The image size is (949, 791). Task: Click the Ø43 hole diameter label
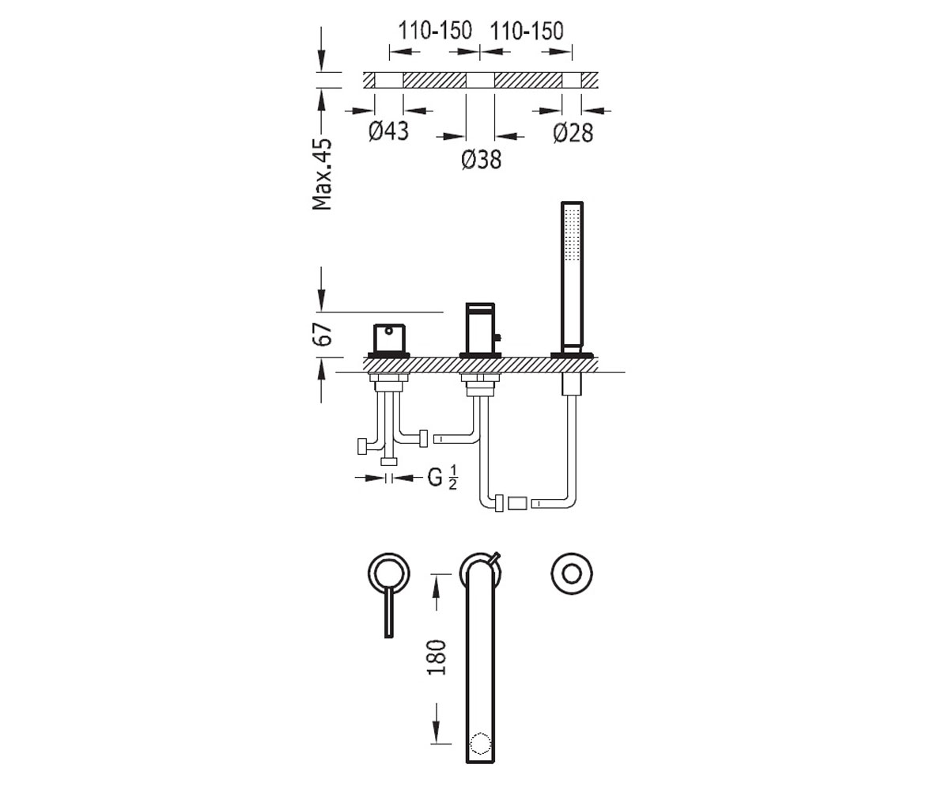coord(388,131)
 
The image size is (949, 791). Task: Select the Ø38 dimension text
coord(482,160)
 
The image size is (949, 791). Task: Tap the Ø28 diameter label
coord(573,133)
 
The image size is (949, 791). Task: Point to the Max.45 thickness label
coord(322,174)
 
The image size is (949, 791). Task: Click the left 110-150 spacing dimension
coord(435,31)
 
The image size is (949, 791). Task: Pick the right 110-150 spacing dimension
coord(527,31)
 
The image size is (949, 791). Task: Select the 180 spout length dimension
coord(437,657)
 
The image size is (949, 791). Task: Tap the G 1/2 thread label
coord(443,477)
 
